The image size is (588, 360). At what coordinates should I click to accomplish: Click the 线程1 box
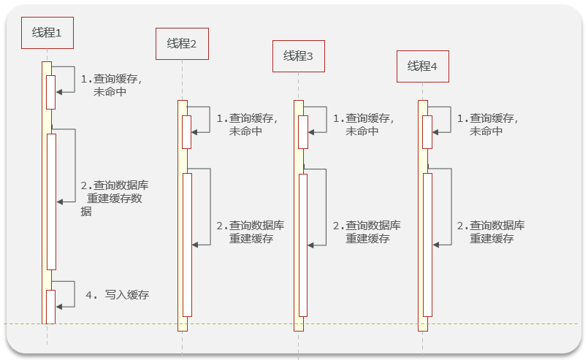47,33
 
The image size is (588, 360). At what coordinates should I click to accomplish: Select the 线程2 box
182,43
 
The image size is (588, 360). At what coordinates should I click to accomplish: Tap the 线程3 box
298,56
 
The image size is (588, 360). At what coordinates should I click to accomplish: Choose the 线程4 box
422,66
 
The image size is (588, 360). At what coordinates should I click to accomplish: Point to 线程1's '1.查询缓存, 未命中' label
110,85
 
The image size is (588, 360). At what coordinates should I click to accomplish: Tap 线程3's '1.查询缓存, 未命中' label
362,124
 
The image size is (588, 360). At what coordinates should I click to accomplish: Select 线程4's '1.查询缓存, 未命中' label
486,124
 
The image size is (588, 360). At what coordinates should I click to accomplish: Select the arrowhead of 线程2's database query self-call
195,245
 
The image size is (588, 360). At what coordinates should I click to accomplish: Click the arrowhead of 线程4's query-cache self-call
436,132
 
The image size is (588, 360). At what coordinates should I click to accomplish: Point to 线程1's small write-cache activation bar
51,307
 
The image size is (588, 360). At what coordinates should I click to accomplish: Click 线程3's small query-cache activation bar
303,132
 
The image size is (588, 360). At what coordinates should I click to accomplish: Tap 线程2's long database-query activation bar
187,245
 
